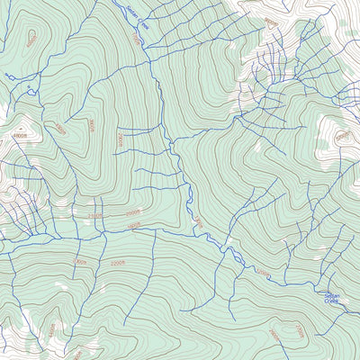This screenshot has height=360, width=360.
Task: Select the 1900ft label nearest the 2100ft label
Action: pyautogui.click(x=134, y=225)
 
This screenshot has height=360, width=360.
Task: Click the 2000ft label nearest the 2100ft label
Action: pyautogui.click(x=117, y=262)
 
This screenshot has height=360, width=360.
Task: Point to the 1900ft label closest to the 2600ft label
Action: pyautogui.click(x=134, y=225)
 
